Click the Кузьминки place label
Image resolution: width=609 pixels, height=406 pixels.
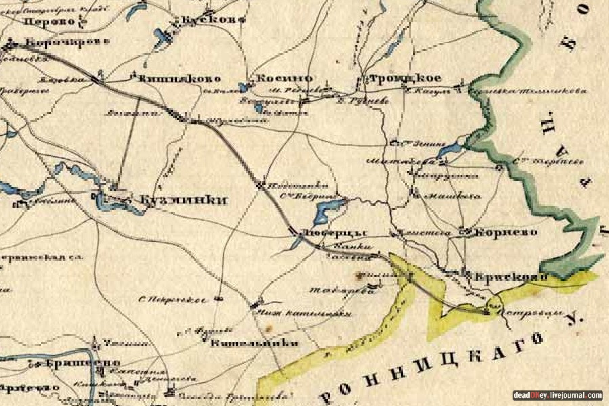tap(181, 200)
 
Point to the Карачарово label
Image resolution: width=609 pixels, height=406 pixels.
tap(67, 43)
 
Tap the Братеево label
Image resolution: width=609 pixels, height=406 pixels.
tap(64, 363)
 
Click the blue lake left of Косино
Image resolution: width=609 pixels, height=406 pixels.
tap(244, 87)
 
